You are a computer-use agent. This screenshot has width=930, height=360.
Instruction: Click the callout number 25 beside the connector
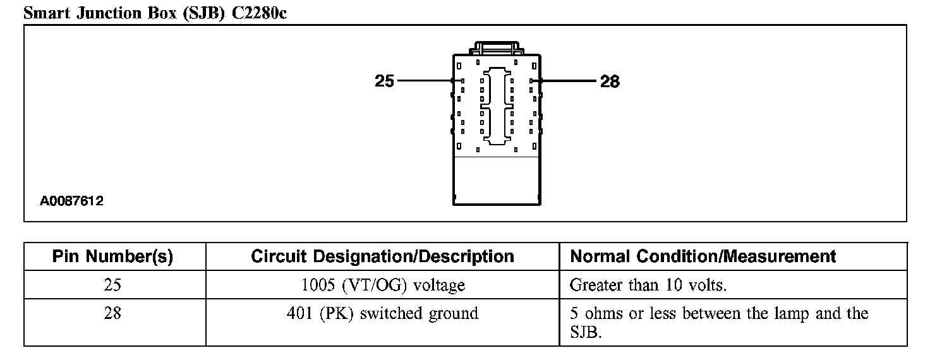tap(384, 81)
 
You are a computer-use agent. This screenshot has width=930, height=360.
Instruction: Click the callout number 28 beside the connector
tap(610, 81)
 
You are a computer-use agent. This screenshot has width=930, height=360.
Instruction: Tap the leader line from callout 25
tap(423, 81)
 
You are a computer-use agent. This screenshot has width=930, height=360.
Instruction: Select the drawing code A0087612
tap(72, 201)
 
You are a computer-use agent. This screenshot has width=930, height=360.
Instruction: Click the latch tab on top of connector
tap(497, 48)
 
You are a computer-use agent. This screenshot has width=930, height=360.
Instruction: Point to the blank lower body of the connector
tap(497, 179)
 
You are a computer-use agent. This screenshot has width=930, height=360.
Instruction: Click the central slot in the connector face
tap(497, 104)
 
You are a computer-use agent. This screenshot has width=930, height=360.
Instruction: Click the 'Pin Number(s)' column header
tap(112, 256)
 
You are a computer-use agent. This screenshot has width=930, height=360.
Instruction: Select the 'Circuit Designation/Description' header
tap(382, 256)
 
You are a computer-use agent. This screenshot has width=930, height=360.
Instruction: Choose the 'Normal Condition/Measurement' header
tap(703, 256)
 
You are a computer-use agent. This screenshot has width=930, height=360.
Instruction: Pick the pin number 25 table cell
tap(112, 285)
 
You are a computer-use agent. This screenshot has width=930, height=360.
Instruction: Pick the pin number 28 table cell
tap(112, 313)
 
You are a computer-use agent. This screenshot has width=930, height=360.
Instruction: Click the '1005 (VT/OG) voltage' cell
tap(382, 285)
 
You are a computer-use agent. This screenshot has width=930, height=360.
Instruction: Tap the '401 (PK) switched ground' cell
tap(382, 313)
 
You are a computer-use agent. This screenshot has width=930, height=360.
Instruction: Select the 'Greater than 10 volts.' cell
tap(648, 285)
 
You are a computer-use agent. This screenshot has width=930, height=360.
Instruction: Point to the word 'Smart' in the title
tap(47, 13)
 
